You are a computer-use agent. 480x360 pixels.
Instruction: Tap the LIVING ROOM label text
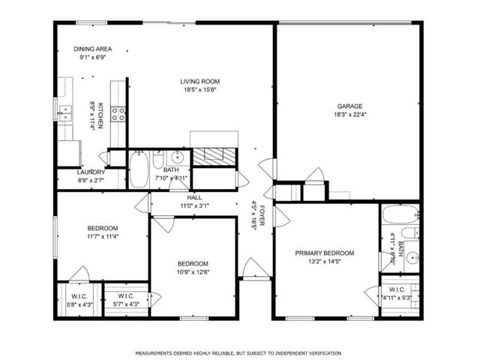[199, 81]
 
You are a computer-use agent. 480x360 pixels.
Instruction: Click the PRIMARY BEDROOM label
[324, 253]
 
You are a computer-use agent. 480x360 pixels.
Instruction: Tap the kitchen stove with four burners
[118, 114]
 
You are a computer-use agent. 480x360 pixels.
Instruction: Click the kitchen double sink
[66, 114]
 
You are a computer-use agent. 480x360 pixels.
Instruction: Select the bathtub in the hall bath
[139, 170]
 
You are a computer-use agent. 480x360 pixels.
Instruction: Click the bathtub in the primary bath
[395, 215]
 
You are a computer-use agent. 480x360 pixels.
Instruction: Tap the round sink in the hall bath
[178, 157]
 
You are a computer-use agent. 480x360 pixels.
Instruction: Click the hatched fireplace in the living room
[214, 156]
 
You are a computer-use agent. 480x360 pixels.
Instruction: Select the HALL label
[194, 197]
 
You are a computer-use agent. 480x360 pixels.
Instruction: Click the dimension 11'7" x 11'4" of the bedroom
[102, 237]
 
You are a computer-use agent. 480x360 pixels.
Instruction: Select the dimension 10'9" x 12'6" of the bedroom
[193, 272]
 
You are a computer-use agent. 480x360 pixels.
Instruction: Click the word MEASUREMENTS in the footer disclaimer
[156, 352]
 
